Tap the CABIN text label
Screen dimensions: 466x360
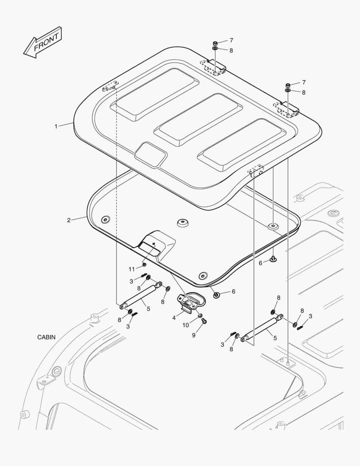pyautogui.click(x=46, y=337)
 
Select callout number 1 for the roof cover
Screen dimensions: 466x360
pyautogui.click(x=56, y=126)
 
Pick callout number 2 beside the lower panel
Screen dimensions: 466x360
pyautogui.click(x=69, y=220)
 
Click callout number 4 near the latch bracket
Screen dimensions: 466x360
pyautogui.click(x=174, y=318)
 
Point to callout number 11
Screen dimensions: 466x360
pyautogui.click(x=131, y=269)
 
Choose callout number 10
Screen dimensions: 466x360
pyautogui.click(x=185, y=325)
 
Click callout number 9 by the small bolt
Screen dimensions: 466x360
pyautogui.click(x=194, y=335)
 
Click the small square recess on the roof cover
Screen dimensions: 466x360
pyautogui.click(x=151, y=154)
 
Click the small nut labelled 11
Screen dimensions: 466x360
pyautogui.click(x=144, y=264)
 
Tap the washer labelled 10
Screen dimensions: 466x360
pyautogui.click(x=200, y=316)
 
